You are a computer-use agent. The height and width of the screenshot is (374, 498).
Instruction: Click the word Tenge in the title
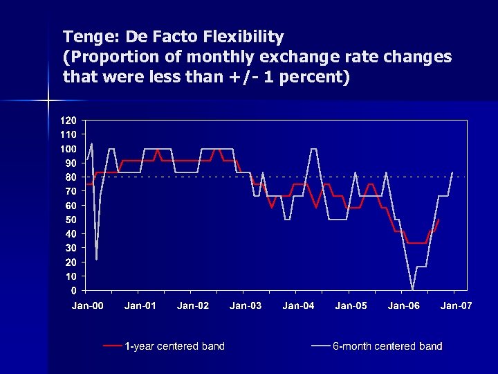click(85, 36)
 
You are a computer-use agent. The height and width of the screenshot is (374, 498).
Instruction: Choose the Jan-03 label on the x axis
click(246, 305)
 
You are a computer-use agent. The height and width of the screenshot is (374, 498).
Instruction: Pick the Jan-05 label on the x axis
click(351, 305)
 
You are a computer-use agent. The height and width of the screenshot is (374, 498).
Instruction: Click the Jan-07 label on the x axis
click(456, 305)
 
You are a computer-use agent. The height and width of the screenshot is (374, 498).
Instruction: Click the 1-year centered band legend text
click(174, 346)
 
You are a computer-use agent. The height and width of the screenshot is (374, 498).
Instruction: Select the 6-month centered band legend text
click(387, 346)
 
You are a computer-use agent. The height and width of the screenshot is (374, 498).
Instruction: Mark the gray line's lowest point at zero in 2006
click(412, 290)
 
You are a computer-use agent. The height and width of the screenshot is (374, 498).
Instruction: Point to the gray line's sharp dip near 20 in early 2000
click(96, 259)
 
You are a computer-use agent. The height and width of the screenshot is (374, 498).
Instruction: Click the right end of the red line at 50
click(439, 220)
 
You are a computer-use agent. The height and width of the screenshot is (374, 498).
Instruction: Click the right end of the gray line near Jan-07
click(452, 172)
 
